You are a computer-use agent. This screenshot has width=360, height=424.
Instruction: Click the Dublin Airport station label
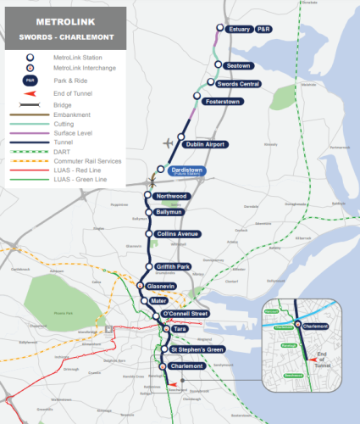click(x=204, y=145)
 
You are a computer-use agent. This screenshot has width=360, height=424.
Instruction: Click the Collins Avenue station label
click(x=176, y=234)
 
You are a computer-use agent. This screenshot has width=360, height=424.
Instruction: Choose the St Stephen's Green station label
click(x=197, y=349)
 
